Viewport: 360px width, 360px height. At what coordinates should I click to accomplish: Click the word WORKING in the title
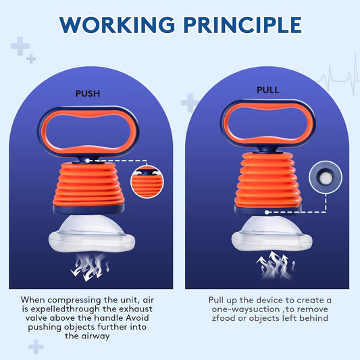click(x=117, y=25)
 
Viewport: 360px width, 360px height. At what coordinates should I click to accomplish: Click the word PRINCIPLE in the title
click(x=242, y=25)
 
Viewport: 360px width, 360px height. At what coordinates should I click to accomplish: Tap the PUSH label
click(x=88, y=94)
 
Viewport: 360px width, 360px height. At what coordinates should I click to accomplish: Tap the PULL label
click(x=268, y=90)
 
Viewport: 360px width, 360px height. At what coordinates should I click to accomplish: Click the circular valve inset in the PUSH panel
click(x=147, y=182)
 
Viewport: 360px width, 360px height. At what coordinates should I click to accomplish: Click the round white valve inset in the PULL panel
click(x=326, y=177)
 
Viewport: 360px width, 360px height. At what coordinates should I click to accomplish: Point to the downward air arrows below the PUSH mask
click(x=90, y=267)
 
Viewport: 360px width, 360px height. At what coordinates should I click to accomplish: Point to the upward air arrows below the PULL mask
click(x=275, y=265)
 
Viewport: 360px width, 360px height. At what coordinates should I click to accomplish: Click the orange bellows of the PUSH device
click(x=88, y=184)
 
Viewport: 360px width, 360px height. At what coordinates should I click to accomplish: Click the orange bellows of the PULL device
click(x=268, y=180)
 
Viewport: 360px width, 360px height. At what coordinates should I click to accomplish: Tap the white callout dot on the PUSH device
click(x=87, y=161)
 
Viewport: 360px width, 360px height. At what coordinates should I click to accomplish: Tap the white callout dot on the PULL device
click(x=267, y=212)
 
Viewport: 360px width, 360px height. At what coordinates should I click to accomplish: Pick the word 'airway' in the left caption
click(x=95, y=336)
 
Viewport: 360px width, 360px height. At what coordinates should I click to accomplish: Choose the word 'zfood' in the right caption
click(x=224, y=318)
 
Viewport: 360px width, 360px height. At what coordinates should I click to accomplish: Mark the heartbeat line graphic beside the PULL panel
click(x=338, y=76)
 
